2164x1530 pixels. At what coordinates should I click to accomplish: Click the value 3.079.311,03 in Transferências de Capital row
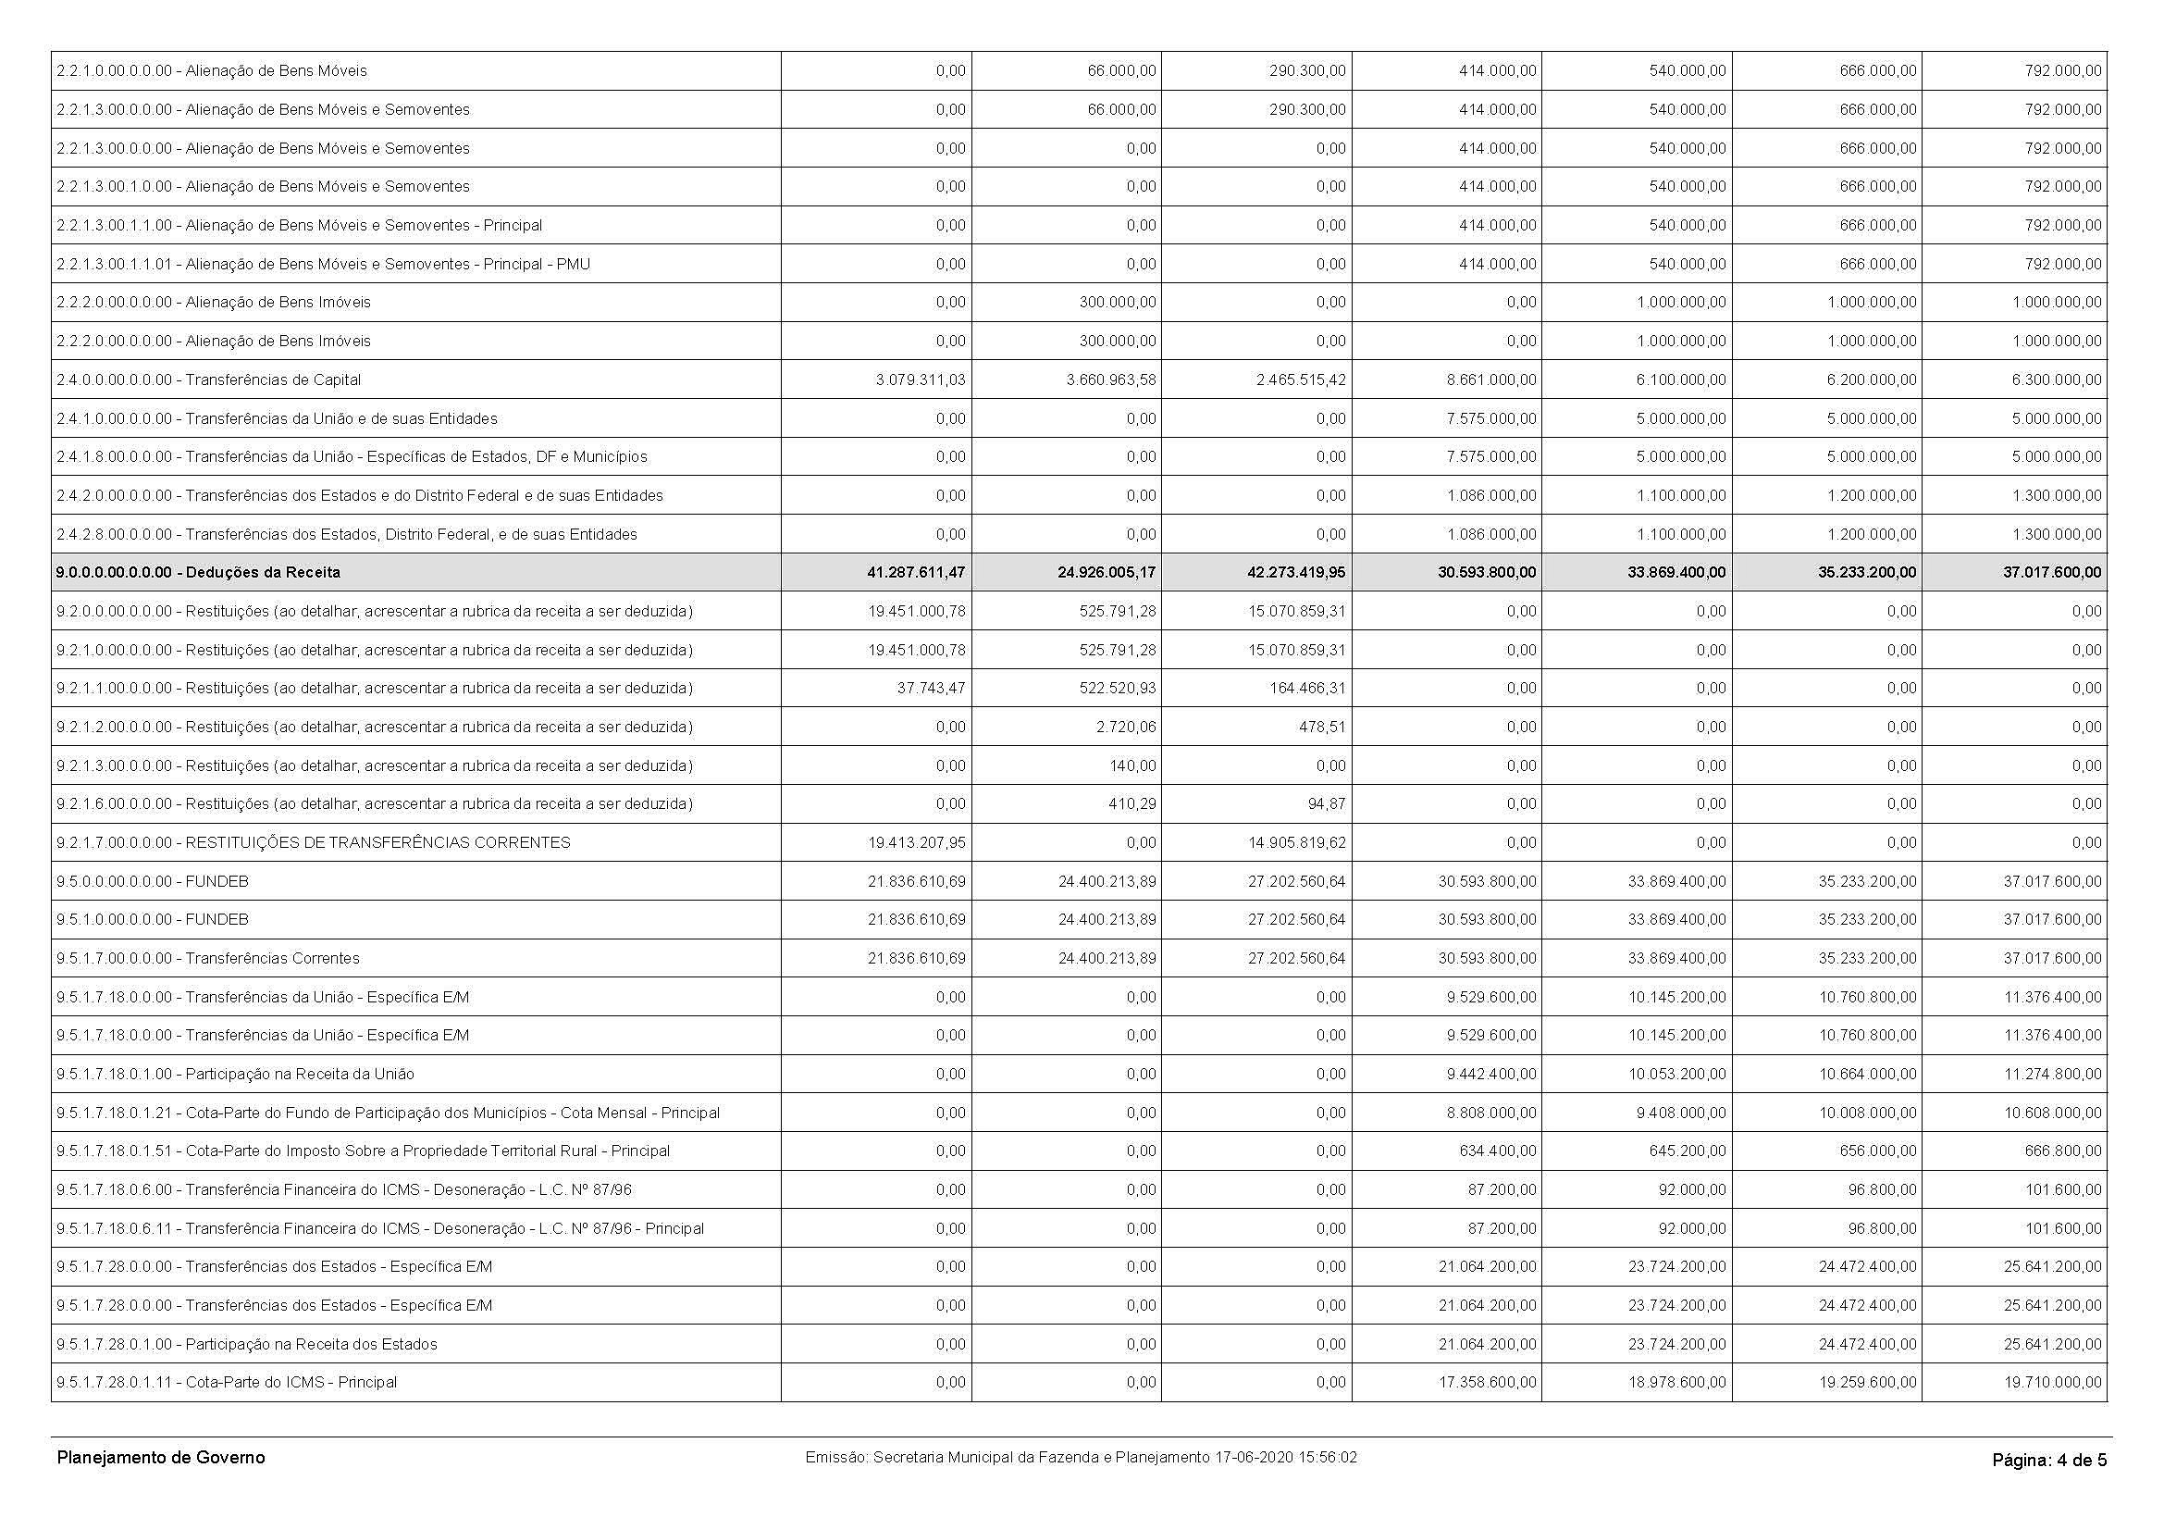[917, 379]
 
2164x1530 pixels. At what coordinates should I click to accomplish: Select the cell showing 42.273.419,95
[1296, 572]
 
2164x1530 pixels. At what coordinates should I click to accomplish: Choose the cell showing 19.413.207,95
[917, 843]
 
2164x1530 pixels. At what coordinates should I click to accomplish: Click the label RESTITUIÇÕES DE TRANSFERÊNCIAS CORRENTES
[377, 843]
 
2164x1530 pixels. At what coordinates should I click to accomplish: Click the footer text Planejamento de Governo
[161, 1458]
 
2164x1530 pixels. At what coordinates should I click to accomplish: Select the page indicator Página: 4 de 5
[2049, 1461]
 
